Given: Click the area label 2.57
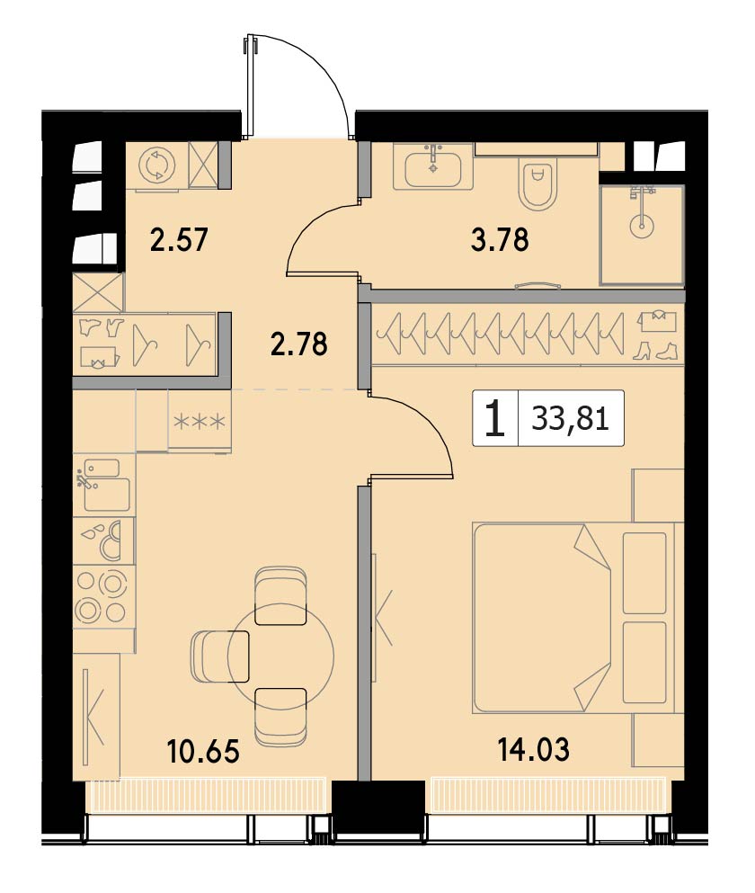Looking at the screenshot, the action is pyautogui.click(x=179, y=239).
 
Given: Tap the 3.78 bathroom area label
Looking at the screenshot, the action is pyautogui.click(x=500, y=239).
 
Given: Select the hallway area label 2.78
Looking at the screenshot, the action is pyautogui.click(x=299, y=344).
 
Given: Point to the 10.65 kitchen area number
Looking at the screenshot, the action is pyautogui.click(x=203, y=751).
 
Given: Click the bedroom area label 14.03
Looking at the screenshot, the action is pyautogui.click(x=534, y=749).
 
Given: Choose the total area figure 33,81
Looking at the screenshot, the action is pyautogui.click(x=571, y=419).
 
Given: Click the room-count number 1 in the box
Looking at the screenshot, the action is pyautogui.click(x=495, y=418).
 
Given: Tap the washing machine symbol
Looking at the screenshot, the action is pyautogui.click(x=157, y=165).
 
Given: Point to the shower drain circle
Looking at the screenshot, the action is pyautogui.click(x=642, y=224).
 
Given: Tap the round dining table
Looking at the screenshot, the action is pyautogui.click(x=280, y=656).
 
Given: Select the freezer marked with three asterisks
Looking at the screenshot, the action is pyautogui.click(x=200, y=422).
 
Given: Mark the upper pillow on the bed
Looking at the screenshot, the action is pyautogui.click(x=644, y=572).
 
